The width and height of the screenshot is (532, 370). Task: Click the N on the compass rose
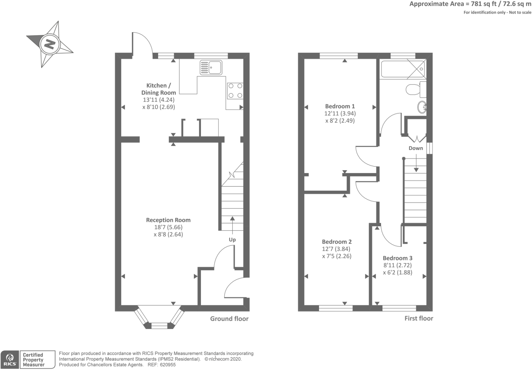(50, 44)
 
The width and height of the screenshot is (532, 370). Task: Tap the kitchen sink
(211, 67)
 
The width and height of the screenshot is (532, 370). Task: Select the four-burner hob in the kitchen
(235, 90)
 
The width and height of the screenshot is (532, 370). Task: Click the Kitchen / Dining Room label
(159, 89)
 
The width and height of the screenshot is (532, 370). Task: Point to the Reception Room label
(168, 220)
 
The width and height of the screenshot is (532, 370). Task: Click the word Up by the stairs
(232, 239)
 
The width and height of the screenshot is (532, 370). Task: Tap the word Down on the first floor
(416, 148)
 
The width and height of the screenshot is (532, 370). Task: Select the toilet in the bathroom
(416, 90)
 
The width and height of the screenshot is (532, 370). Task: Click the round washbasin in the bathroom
(422, 107)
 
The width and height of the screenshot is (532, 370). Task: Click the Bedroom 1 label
(340, 106)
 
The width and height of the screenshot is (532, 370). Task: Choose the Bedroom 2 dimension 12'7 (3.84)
(336, 249)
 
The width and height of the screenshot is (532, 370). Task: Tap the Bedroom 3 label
(398, 258)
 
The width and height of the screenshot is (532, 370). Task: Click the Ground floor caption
(229, 319)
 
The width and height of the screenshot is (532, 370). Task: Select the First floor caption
(419, 318)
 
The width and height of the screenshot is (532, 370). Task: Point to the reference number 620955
(168, 365)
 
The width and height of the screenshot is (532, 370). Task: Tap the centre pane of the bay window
(159, 325)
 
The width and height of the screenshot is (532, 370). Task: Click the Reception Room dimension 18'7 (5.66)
(168, 227)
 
